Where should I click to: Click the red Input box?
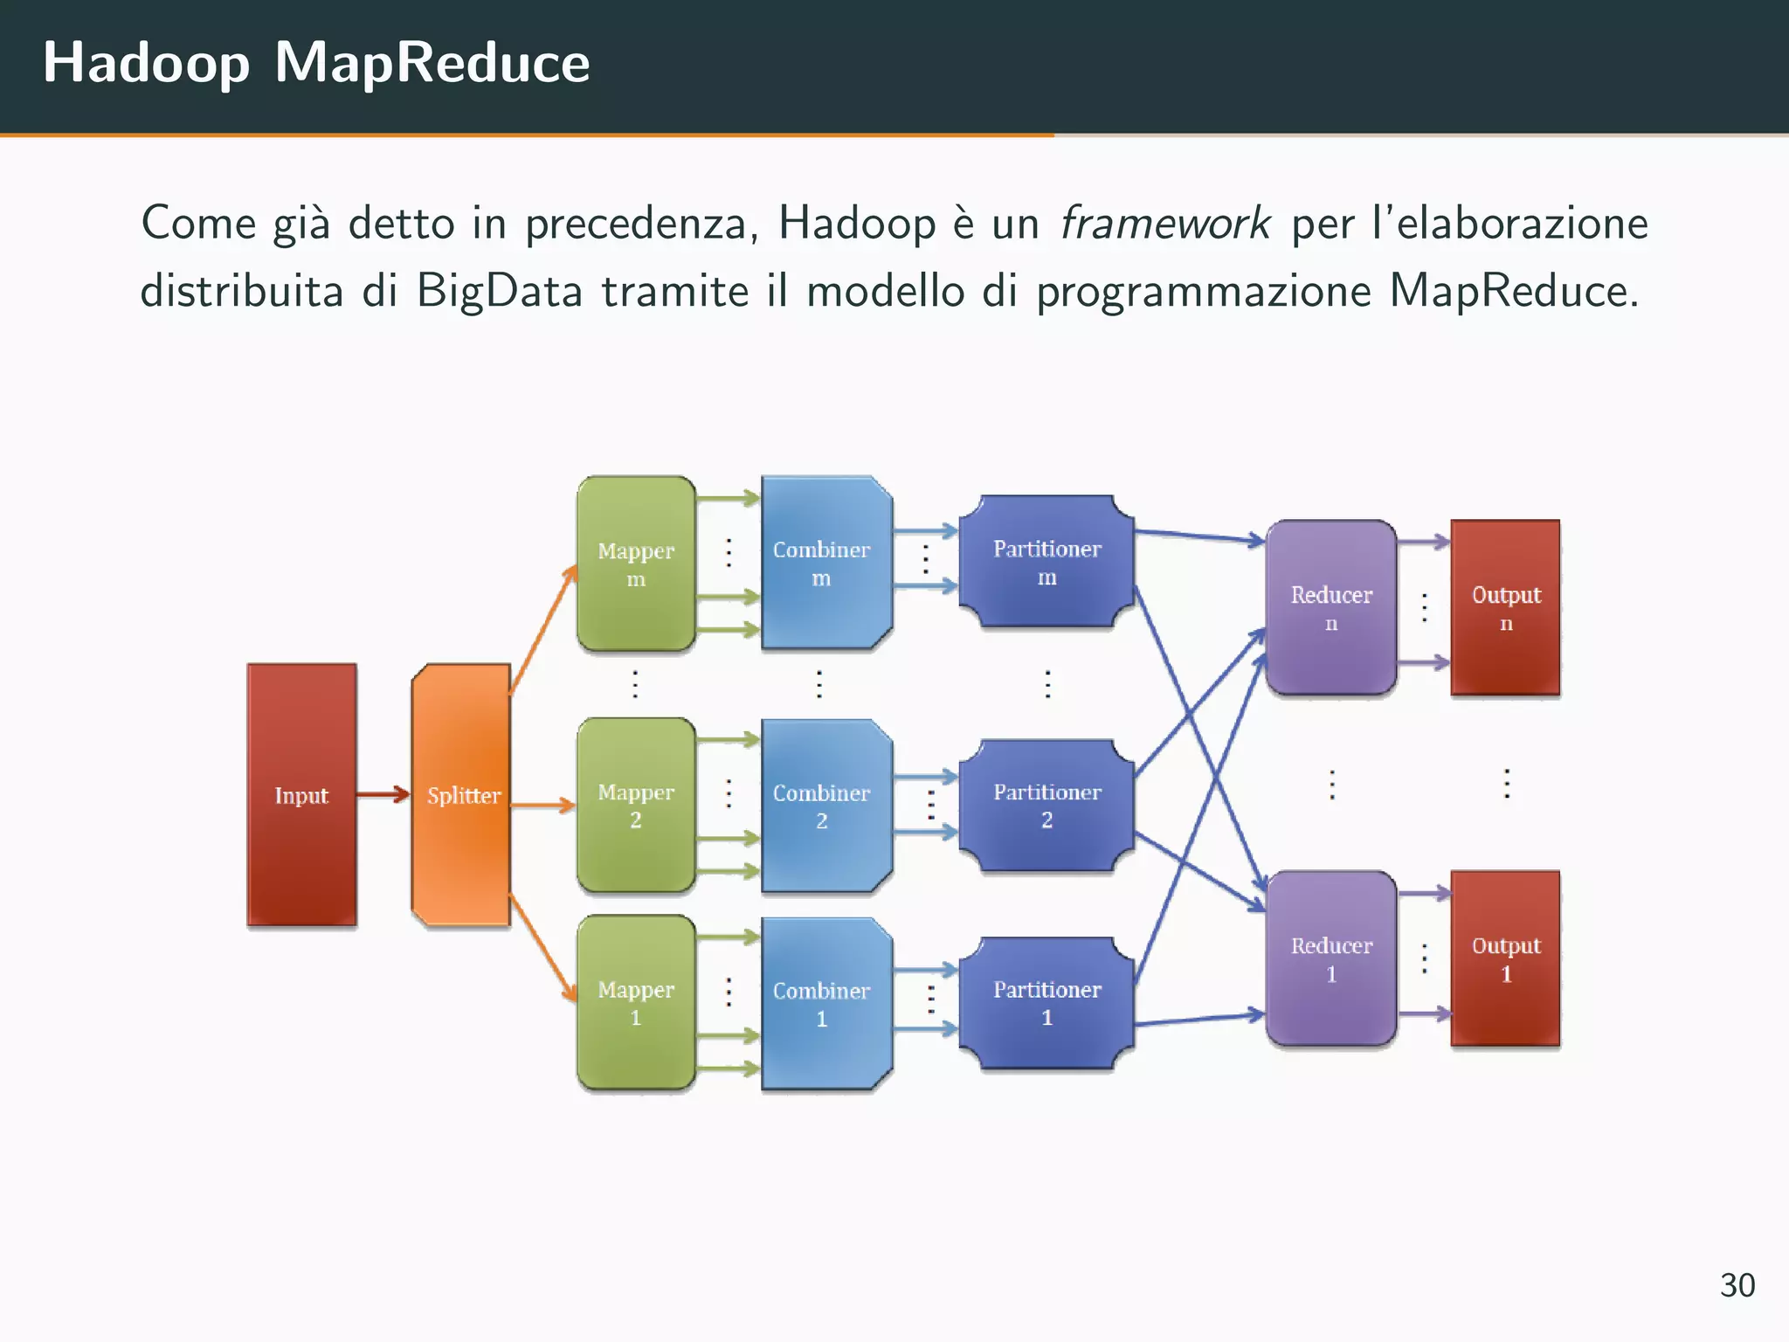[x=301, y=794]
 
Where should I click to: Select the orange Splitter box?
[x=461, y=794]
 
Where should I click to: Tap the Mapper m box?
[x=636, y=564]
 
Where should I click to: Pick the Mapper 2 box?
[x=636, y=805]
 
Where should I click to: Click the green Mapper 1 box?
[x=636, y=1002]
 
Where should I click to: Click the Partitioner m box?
[x=1046, y=562]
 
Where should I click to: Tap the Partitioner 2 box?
[x=1046, y=805]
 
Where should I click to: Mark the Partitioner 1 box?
[x=1046, y=1002]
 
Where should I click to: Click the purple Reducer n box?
[x=1331, y=608]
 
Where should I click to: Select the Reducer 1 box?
[x=1331, y=958]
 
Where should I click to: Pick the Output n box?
[x=1505, y=608]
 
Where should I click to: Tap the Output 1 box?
[x=1505, y=958]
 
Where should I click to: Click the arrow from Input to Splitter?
[x=383, y=794]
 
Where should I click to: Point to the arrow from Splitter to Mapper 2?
[x=542, y=805]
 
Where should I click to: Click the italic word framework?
[x=1164, y=224]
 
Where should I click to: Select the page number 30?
[x=1737, y=1285]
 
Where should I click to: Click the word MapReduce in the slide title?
[x=432, y=63]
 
